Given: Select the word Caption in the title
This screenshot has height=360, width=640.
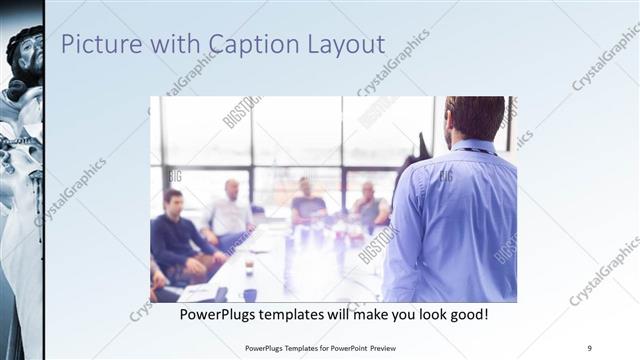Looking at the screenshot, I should tap(254, 45).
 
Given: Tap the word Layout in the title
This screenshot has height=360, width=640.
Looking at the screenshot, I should tap(347, 45).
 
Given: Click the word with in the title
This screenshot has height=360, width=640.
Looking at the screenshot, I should tap(171, 45).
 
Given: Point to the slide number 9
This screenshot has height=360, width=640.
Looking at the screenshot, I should tap(590, 348).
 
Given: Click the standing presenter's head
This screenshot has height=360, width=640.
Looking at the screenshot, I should tap(474, 118).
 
